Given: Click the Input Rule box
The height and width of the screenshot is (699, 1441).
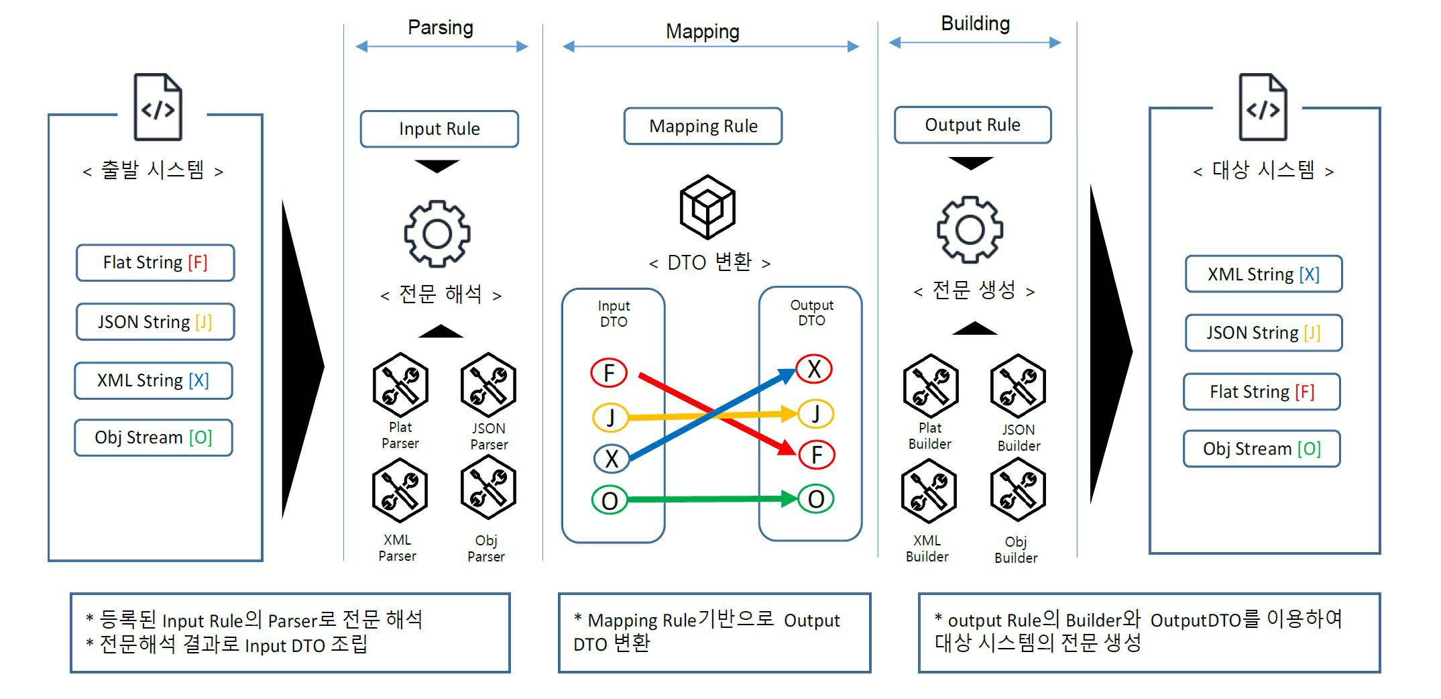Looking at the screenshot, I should (x=439, y=129).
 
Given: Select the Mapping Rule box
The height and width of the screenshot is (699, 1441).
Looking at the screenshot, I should (x=703, y=126).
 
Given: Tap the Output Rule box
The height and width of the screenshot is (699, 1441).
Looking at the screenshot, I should (x=972, y=125).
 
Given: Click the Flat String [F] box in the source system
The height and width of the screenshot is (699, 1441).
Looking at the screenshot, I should (x=155, y=262).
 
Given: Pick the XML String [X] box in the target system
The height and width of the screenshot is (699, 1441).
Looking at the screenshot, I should (x=1263, y=274).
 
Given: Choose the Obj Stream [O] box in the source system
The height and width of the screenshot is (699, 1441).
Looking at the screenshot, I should (x=154, y=437).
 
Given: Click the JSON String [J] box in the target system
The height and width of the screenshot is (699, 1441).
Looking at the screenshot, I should (x=1263, y=333).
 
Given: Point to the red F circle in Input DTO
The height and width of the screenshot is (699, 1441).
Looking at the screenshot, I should (x=609, y=372).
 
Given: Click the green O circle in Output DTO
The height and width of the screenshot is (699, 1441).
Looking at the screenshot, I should (x=816, y=499).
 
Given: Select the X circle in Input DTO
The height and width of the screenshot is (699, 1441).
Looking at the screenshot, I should (x=612, y=459).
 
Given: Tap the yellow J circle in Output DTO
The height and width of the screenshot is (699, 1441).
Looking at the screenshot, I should (x=815, y=414).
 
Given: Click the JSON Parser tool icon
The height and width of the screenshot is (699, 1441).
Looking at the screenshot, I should (x=488, y=385).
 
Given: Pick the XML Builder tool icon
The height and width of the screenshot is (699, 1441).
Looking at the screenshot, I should (x=929, y=491).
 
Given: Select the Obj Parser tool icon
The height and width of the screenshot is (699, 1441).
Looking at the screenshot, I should (x=487, y=488).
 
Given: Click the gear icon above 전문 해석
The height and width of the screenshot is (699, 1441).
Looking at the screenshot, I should (x=437, y=233).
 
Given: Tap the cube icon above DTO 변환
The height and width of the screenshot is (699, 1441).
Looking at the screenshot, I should (x=707, y=207).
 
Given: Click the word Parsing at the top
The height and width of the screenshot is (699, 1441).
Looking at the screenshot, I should (x=441, y=28).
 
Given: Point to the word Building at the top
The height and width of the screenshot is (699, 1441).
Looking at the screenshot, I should (x=975, y=23).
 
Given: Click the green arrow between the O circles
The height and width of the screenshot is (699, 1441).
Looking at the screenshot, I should (x=711, y=499).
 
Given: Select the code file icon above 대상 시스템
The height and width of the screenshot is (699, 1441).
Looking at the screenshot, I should (x=1263, y=107).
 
